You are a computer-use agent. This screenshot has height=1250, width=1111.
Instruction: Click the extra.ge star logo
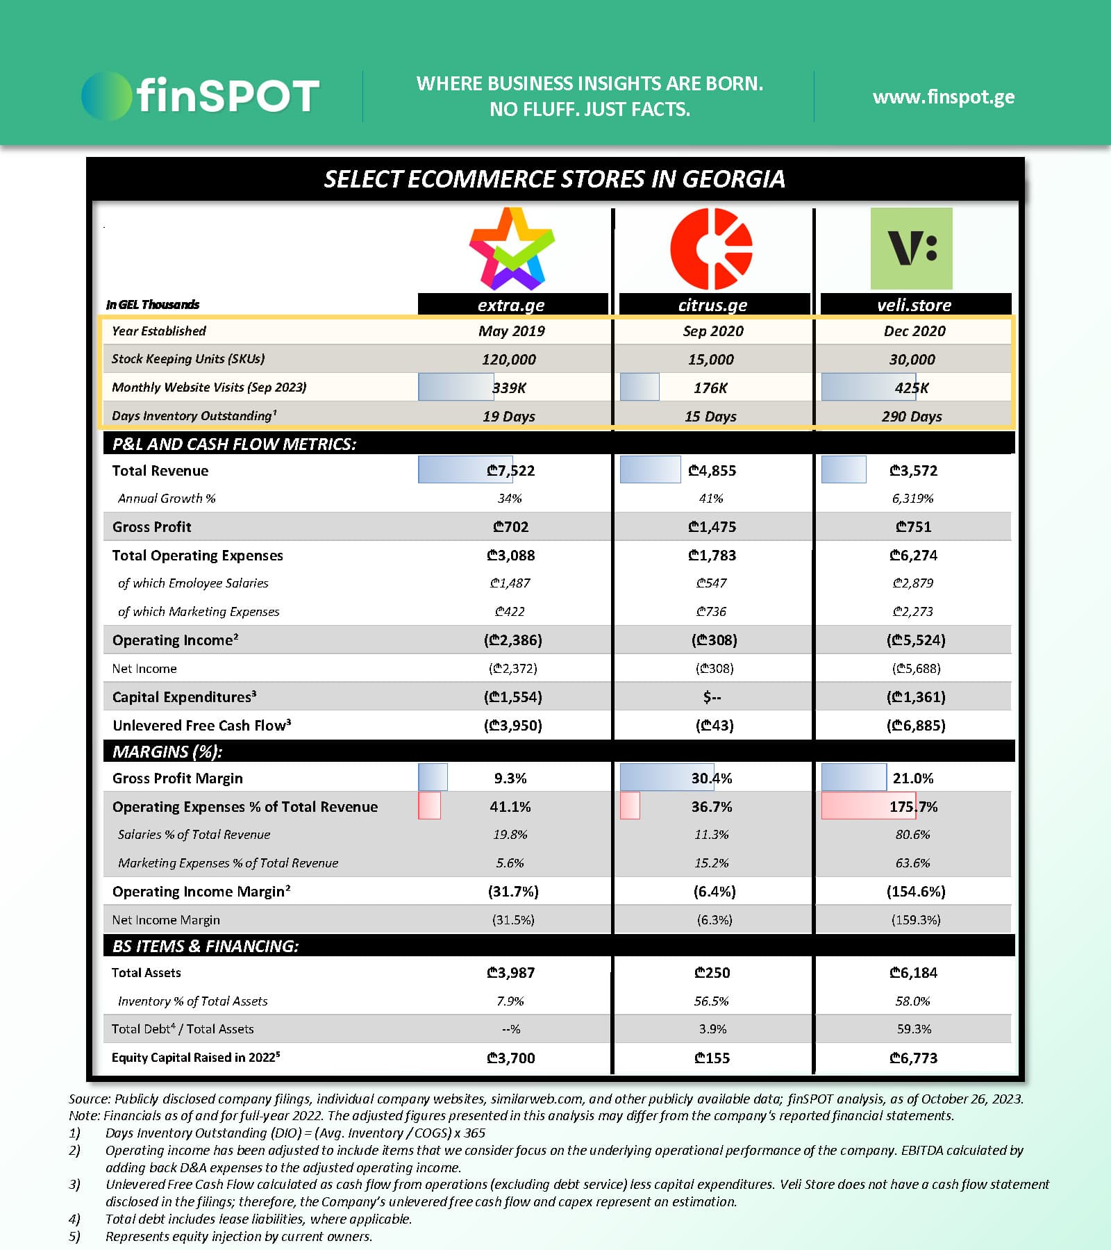(x=512, y=249)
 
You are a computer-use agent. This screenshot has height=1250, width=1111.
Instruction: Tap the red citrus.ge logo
(x=711, y=249)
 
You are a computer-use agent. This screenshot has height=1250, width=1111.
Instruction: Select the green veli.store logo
(x=911, y=249)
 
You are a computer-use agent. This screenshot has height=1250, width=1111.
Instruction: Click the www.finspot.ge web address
(x=943, y=97)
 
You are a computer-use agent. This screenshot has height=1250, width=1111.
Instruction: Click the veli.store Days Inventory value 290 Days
(x=912, y=417)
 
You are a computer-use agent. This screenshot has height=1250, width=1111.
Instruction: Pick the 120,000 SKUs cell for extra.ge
(x=509, y=360)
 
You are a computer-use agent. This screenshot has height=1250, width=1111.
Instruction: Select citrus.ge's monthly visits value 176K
(x=710, y=388)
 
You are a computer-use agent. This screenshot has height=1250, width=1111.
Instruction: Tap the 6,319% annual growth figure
(x=912, y=499)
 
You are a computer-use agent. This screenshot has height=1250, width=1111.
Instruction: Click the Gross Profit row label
(x=151, y=527)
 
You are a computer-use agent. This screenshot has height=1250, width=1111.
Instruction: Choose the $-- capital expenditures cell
(x=712, y=697)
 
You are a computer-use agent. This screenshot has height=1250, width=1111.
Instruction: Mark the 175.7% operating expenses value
(x=913, y=807)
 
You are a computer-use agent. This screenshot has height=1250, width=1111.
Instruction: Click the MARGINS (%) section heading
(x=167, y=752)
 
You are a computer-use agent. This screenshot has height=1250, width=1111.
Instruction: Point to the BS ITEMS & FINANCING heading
(x=206, y=947)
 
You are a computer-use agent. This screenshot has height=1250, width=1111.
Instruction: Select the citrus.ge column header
(x=713, y=305)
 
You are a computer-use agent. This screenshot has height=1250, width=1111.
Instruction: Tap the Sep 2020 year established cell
(x=713, y=331)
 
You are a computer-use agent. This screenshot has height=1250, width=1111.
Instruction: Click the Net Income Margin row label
(x=166, y=920)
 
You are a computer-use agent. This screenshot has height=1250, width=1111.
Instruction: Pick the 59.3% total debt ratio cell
(x=914, y=1029)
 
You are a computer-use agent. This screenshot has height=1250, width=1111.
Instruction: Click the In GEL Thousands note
(x=153, y=305)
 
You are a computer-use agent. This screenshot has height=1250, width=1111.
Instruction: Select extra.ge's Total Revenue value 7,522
(x=511, y=471)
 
